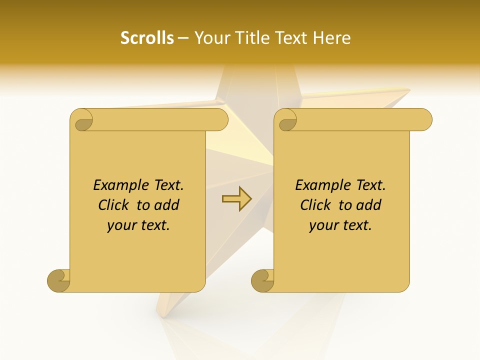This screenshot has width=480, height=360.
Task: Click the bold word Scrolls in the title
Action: pyautogui.click(x=147, y=38)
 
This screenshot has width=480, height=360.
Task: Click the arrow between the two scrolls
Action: pyautogui.click(x=237, y=199)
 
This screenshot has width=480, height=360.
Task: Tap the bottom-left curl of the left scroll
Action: pyautogui.click(x=59, y=280)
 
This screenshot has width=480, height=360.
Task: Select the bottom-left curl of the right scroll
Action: pyautogui.click(x=262, y=280)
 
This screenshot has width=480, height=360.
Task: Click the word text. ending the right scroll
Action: pyautogui.click(x=356, y=225)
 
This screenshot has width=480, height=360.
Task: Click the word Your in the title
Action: pyautogui.click(x=210, y=38)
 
